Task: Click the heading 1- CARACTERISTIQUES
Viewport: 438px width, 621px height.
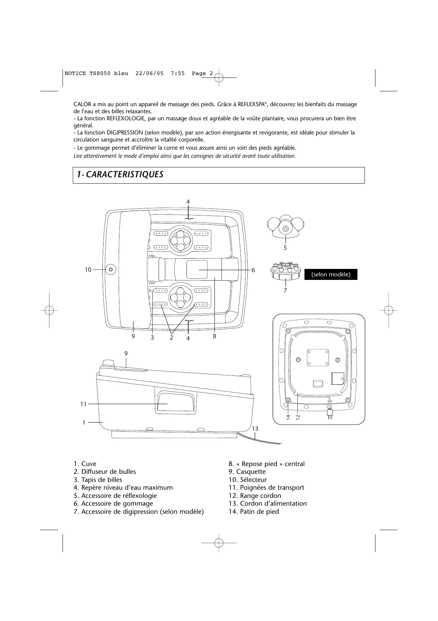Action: tap(120, 174)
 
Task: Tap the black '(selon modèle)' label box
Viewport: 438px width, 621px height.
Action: tap(331, 275)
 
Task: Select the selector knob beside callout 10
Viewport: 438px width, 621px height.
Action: tap(111, 269)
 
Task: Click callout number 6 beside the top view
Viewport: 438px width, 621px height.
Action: tap(253, 270)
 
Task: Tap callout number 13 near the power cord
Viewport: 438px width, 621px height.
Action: tap(255, 429)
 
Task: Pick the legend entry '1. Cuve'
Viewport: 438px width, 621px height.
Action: tap(85, 464)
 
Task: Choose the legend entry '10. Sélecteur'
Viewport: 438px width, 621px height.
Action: tap(248, 480)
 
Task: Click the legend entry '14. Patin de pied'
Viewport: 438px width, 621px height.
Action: tap(254, 512)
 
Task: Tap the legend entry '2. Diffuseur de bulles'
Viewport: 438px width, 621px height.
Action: tap(105, 472)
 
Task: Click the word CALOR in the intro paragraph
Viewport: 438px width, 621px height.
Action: tap(82, 104)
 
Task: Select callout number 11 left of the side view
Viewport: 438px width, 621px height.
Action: tap(83, 404)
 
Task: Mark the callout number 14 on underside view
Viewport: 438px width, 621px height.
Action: tap(288, 417)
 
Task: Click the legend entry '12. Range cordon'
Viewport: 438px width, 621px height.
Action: tap(255, 496)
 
